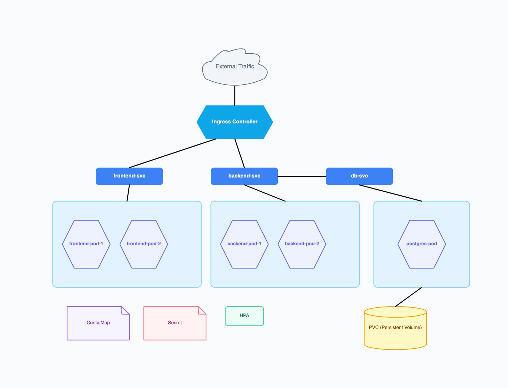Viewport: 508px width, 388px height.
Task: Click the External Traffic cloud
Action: click(235, 67)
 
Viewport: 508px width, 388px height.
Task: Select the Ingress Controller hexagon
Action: click(235, 122)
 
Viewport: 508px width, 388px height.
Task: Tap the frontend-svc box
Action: click(129, 176)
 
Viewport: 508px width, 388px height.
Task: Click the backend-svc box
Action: click(244, 176)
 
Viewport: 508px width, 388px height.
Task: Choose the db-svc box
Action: click(359, 176)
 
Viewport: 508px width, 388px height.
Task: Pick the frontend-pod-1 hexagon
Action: click(86, 244)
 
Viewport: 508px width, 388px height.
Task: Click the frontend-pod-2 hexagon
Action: click(144, 244)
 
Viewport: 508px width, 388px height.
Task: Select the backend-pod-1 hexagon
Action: click(244, 244)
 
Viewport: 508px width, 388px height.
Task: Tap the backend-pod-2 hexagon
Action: click(302, 244)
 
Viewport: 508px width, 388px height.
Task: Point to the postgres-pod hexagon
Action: click(422, 244)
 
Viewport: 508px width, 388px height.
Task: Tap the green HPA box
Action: click(244, 316)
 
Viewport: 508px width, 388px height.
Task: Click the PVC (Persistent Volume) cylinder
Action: click(395, 330)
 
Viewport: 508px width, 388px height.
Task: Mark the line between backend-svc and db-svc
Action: click(302, 176)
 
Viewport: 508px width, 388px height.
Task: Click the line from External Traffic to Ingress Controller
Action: click(235, 95)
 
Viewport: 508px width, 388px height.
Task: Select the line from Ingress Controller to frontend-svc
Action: click(172, 153)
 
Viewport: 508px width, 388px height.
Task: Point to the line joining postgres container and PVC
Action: click(409, 297)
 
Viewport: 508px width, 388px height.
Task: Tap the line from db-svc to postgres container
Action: click(391, 193)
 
